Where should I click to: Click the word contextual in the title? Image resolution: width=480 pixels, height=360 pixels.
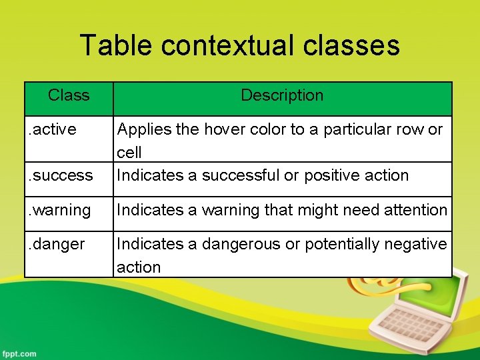[x=227, y=45]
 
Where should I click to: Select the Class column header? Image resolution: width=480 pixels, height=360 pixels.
[x=69, y=95]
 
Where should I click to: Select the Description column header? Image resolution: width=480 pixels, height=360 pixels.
[x=282, y=95]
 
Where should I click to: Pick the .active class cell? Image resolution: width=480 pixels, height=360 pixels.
[x=53, y=129]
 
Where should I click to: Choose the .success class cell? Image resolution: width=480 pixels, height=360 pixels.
[x=61, y=175]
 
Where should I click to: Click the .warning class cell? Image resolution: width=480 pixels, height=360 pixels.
[x=60, y=210]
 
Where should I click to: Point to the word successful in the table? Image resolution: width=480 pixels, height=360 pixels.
[x=240, y=175]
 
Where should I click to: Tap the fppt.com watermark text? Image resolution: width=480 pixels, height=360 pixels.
[x=19, y=353]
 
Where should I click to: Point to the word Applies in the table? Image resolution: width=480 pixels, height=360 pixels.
[x=142, y=129]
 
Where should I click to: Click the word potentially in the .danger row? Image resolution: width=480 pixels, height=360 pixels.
[x=341, y=244]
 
